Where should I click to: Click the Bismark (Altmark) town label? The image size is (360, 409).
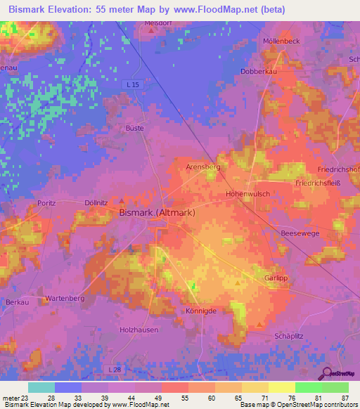[x=157, y=212]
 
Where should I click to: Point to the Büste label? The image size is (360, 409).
[x=134, y=129]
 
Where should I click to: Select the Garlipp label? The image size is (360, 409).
[x=277, y=278]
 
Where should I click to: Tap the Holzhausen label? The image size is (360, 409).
[x=139, y=329]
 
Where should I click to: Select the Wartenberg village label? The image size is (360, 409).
[x=65, y=299]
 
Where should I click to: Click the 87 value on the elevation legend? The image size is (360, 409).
[x=345, y=398]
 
